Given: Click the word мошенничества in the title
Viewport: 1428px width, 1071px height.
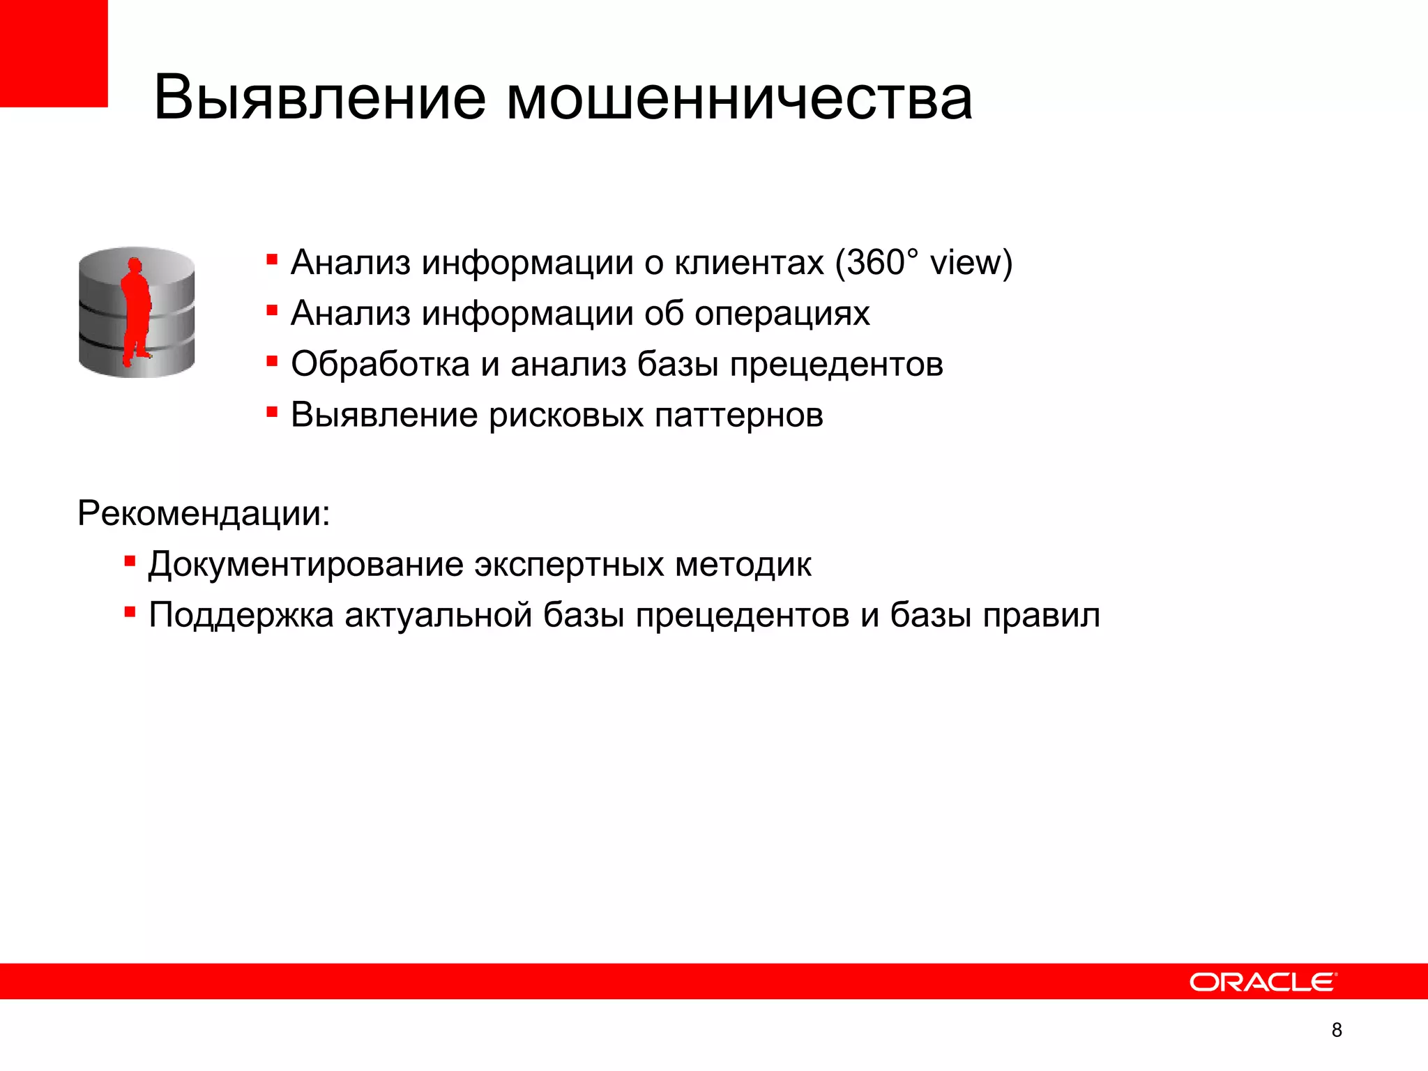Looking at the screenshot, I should pos(738,99).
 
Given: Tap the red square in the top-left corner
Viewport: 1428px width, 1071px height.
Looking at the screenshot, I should pos(53,53).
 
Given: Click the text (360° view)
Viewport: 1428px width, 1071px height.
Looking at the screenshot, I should pos(923,263).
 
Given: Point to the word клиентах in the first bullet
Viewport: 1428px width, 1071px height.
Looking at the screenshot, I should pos(750,263).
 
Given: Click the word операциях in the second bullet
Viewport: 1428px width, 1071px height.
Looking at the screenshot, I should pos(782,314).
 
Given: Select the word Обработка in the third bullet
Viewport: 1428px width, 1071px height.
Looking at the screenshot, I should pos(380,364).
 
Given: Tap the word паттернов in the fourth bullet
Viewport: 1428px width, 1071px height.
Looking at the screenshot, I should pos(738,416).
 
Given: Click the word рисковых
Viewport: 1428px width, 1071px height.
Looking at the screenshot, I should pos(565,416).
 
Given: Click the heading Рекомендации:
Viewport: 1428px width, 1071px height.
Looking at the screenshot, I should pos(204,514).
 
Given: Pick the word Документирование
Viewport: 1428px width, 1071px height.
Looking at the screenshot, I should pos(305,565).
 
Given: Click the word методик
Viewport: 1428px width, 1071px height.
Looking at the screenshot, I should pos(743,565).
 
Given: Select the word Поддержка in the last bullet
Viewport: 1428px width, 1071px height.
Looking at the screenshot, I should pos(241,616).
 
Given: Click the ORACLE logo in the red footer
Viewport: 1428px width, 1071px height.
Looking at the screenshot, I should pos(1263,982).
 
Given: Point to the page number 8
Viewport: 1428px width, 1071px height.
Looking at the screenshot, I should pos(1336,1030).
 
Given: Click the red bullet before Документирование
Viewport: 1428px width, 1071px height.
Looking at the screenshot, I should pos(130,561).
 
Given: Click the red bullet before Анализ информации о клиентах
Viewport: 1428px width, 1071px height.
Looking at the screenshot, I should pos(272,260).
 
